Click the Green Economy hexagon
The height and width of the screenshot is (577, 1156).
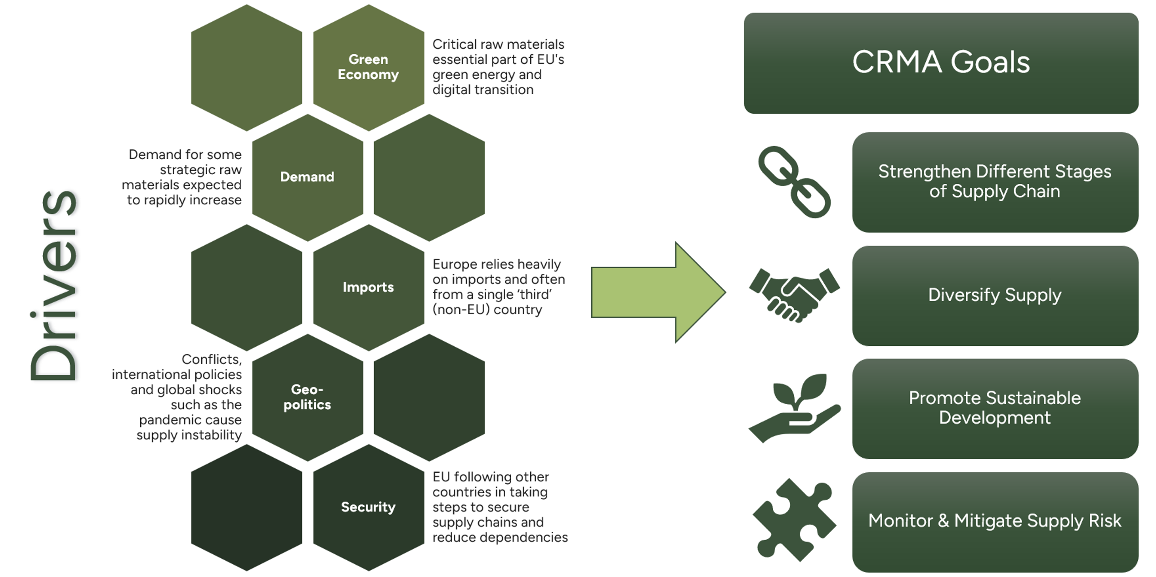coord(369,67)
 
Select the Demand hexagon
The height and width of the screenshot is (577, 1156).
coord(308,177)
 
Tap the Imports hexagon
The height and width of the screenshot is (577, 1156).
coord(369,288)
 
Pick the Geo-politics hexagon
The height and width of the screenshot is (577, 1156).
coord(308,397)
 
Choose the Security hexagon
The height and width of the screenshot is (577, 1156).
coord(369,507)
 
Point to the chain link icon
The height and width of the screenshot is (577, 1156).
coord(794,182)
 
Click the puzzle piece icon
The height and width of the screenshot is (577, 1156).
coord(794,520)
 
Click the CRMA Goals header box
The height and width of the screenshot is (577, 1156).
coord(941,63)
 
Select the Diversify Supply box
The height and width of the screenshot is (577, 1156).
coord(995,296)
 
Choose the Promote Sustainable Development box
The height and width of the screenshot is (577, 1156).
coord(995,408)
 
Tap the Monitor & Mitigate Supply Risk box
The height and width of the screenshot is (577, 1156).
coord(995,521)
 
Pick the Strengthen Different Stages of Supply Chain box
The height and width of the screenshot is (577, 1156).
coord(995,182)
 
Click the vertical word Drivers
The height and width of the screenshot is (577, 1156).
coord(54,286)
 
